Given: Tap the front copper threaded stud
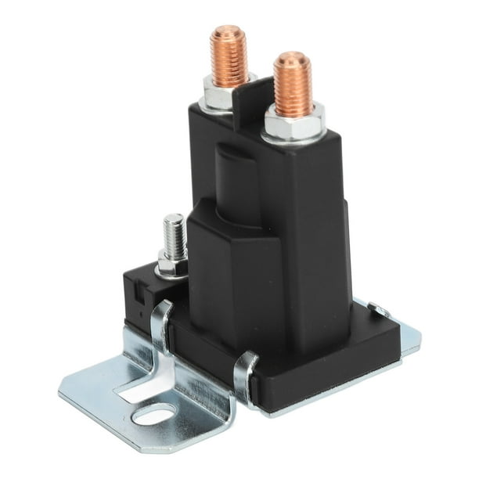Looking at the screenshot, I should click(294, 82).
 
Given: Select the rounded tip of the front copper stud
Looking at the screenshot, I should click(293, 58).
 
